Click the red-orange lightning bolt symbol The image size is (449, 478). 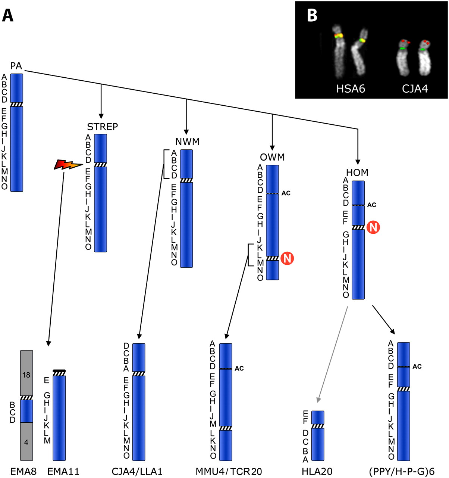pyautogui.click(x=68, y=164)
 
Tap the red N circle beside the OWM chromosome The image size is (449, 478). pyautogui.click(x=287, y=258)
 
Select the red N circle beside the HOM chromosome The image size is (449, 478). pyautogui.click(x=373, y=227)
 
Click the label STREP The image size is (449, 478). pyautogui.click(x=103, y=127)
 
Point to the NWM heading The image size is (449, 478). pyautogui.click(x=188, y=142)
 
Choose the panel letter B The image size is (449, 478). pyautogui.click(x=312, y=15)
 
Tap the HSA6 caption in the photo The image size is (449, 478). pyautogui.click(x=351, y=89)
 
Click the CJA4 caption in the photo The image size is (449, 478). pyautogui.click(x=415, y=89)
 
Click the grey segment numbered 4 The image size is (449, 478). pyautogui.click(x=26, y=442)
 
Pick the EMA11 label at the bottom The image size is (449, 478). pyautogui.click(x=63, y=471)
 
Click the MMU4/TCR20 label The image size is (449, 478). pyautogui.click(x=229, y=471)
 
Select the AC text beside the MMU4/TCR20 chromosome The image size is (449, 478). pyautogui.click(x=239, y=369)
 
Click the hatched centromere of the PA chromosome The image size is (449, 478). pyautogui.click(x=16, y=105)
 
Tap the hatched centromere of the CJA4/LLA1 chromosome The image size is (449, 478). pyautogui.click(x=139, y=373)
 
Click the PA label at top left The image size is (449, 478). pyautogui.click(x=16, y=66)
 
